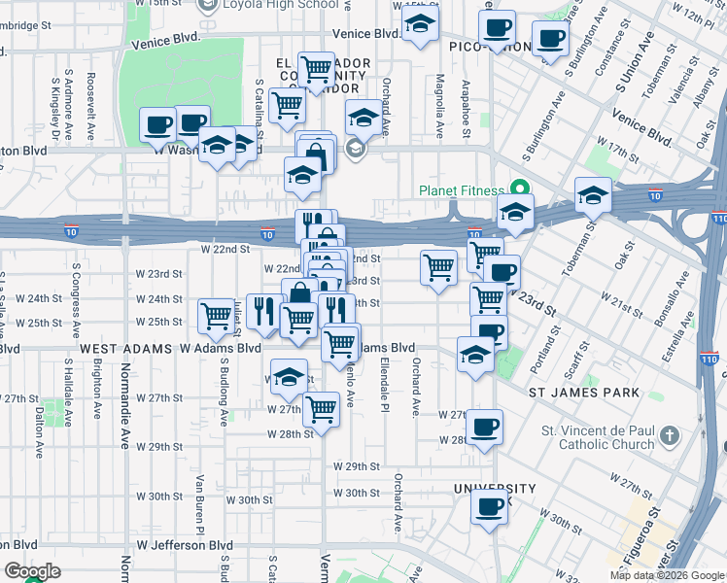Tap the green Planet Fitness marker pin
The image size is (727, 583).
click(x=520, y=189)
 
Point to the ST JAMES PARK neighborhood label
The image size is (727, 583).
click(x=583, y=393)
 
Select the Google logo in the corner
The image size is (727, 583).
click(x=32, y=571)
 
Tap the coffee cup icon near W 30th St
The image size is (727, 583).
click(x=490, y=506)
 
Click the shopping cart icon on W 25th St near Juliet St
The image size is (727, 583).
click(x=216, y=315)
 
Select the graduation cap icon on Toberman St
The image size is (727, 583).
click(x=592, y=196)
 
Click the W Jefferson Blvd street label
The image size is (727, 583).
click(x=187, y=545)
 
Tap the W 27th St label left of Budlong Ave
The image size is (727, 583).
click(x=159, y=398)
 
